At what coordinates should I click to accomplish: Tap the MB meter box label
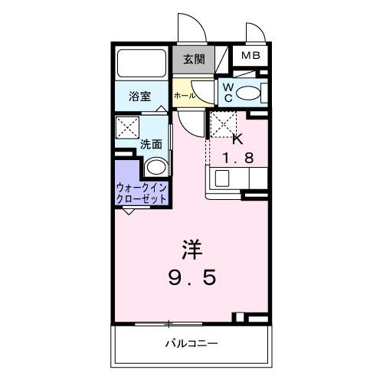[250, 56]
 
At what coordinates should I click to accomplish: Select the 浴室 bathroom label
[139, 97]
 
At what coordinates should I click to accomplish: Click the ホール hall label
[184, 96]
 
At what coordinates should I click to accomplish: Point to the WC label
[228, 93]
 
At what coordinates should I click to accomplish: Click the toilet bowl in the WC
[249, 93]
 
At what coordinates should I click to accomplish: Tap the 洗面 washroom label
[149, 143]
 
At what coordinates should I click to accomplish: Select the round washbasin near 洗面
[155, 167]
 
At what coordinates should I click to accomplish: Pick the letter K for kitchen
[237, 139]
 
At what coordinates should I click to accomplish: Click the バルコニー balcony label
[191, 342]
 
